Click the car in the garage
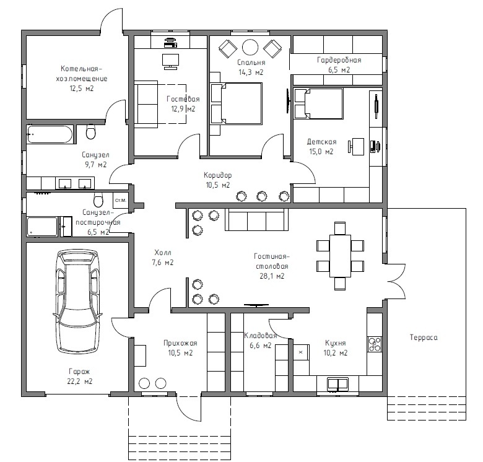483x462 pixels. [x=77, y=302]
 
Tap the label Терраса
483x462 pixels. [x=424, y=338]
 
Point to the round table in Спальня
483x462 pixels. [x=250, y=47]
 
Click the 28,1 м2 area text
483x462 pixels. [x=272, y=276]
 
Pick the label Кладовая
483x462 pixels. [x=259, y=336]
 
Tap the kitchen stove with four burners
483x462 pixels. [x=374, y=344]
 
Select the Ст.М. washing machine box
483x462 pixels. [x=120, y=201]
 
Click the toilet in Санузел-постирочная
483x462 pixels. [x=97, y=200]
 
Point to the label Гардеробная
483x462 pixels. [x=339, y=60]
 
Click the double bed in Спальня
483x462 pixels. [x=236, y=103]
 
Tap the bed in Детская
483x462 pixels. [x=318, y=103]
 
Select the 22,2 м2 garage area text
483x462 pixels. [x=80, y=381]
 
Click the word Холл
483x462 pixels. [x=163, y=253]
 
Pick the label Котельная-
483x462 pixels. [x=82, y=69]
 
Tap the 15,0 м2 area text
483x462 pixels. [x=321, y=152]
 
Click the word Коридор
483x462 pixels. [x=217, y=175]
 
